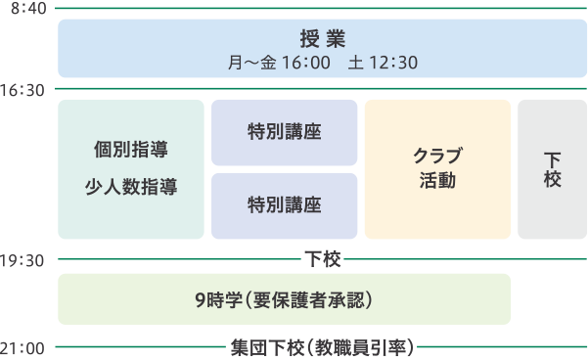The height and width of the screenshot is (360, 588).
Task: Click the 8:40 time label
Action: click(x=28, y=8)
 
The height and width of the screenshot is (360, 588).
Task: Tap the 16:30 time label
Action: click(x=23, y=90)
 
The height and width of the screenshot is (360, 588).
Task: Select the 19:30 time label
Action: click(x=23, y=260)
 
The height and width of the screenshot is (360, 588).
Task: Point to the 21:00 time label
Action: click(x=23, y=348)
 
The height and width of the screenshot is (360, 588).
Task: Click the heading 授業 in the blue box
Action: click(x=323, y=38)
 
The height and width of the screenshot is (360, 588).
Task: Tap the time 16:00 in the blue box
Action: click(x=306, y=63)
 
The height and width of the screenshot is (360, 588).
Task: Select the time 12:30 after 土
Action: click(x=393, y=63)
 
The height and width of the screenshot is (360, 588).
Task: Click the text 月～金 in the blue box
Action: click(x=252, y=63)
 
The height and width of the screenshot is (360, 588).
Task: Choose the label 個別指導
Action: click(x=131, y=150)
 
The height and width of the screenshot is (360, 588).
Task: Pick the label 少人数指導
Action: click(x=131, y=187)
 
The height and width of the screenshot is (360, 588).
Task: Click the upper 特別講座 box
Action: click(x=285, y=132)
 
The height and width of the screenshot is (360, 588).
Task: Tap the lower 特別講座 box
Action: click(x=285, y=205)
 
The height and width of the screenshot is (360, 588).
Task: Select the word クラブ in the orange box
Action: click(x=437, y=156)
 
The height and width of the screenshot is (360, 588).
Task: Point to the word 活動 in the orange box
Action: click(x=437, y=180)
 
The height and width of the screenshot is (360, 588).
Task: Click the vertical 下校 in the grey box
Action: click(x=553, y=169)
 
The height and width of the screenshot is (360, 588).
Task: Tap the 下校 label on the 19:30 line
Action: click(x=323, y=259)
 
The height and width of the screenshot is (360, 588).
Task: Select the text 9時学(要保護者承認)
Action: click(x=284, y=300)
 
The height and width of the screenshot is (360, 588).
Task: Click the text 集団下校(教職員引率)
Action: click(x=322, y=347)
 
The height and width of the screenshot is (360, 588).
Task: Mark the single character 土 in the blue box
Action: click(x=356, y=63)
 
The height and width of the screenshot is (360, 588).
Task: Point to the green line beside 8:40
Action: click(x=321, y=8)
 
